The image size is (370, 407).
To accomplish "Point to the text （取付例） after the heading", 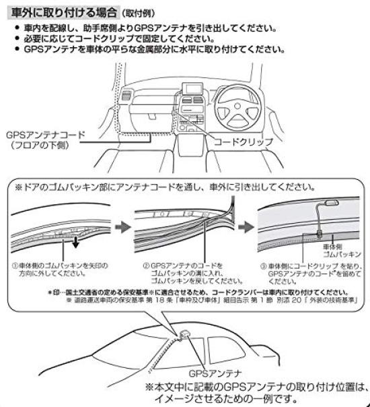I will [141, 13].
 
